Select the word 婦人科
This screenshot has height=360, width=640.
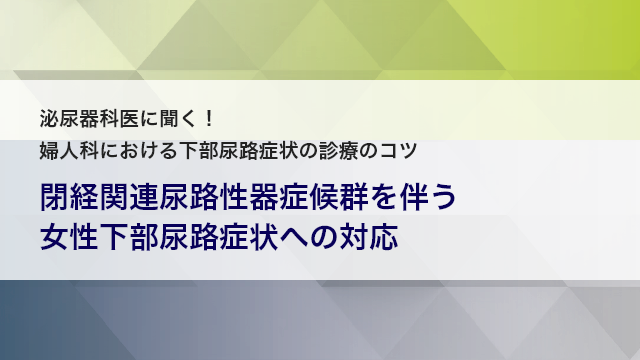pos(66,152)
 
